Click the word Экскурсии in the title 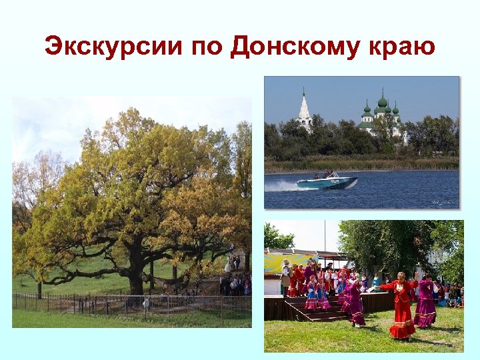(x=113, y=47)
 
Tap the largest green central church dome (x=382, y=103)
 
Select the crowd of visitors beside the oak (x=235, y=283)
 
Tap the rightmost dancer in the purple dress (x=425, y=303)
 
